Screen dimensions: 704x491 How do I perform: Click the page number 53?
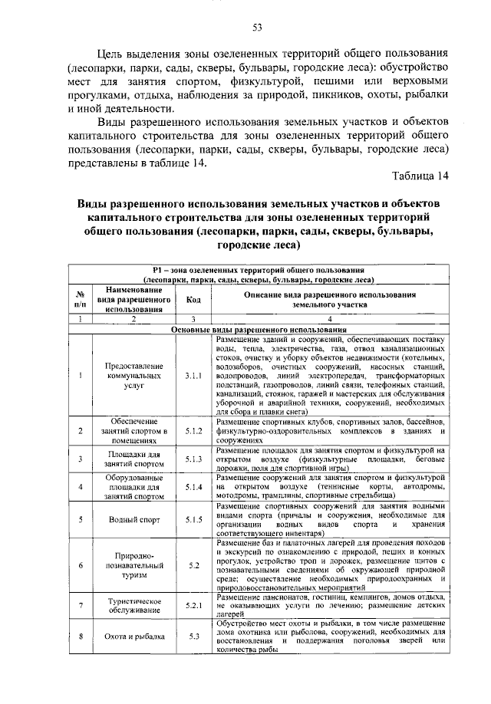click(258, 28)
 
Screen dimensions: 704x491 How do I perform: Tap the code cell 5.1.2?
click(193, 432)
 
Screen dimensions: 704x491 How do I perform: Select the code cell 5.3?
click(193, 637)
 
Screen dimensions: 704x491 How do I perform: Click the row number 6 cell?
click(80, 566)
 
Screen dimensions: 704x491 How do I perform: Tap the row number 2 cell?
click(80, 432)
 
